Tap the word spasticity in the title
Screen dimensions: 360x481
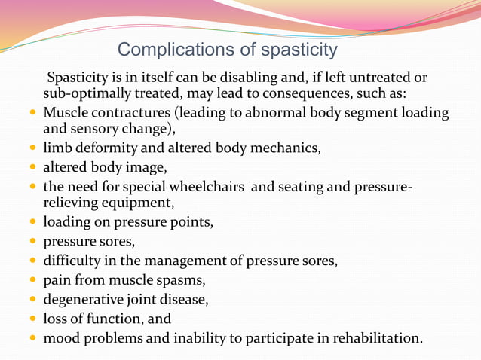click(x=299, y=50)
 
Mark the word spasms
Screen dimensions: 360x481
click(x=179, y=280)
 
